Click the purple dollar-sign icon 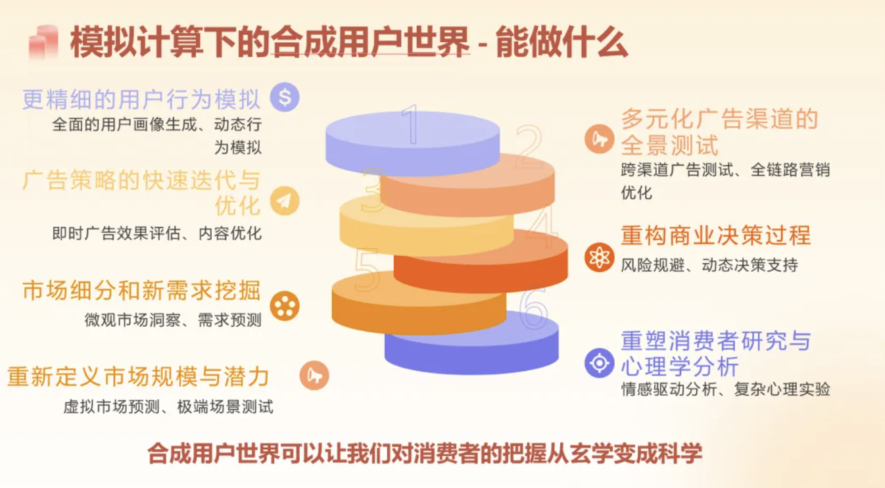coord(285,97)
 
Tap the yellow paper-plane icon coord(285,201)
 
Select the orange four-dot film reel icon coord(285,306)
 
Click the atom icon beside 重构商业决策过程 coord(600,258)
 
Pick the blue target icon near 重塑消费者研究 coord(600,363)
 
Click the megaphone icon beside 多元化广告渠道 coord(600,139)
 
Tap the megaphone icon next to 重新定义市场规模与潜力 coord(314,376)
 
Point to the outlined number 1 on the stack coord(411,124)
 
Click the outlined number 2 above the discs coord(529,146)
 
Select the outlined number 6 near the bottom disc coord(533,308)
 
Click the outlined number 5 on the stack coord(367,270)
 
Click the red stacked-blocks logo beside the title coord(43,43)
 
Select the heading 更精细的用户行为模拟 coord(141,99)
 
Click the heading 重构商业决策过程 coord(715,235)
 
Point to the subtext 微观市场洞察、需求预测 coord(173,320)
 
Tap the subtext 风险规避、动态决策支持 coord(709,265)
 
